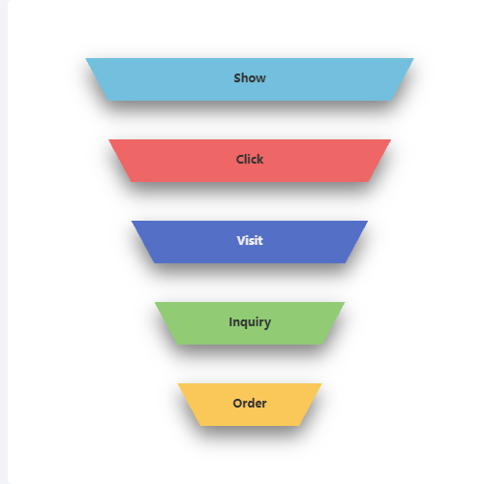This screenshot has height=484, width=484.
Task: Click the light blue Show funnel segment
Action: click(x=250, y=79)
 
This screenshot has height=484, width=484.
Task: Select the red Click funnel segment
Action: click(x=250, y=161)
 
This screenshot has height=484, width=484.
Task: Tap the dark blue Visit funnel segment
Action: click(x=250, y=242)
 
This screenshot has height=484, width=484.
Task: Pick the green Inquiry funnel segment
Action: click(x=250, y=323)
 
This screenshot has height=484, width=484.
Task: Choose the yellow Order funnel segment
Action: click(x=250, y=405)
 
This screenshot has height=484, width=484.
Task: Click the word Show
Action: click(x=250, y=78)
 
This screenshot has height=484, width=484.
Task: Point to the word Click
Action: click(x=250, y=160)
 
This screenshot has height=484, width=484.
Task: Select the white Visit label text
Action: click(x=250, y=241)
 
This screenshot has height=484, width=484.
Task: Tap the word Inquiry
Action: click(x=250, y=322)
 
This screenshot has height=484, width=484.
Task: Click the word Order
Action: click(x=250, y=404)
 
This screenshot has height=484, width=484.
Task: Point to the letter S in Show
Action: click(x=238, y=78)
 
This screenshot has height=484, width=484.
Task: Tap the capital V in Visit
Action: click(x=241, y=241)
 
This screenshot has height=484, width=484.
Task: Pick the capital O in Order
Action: click(x=238, y=404)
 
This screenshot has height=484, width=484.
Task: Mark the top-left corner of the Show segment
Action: click(x=85, y=58)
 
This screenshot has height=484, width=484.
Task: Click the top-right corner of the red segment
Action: click(x=391, y=139)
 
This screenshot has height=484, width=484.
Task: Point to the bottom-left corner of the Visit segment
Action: click(x=154, y=263)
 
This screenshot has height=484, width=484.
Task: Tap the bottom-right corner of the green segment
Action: click(x=322, y=345)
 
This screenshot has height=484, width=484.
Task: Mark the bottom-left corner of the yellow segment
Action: click(x=200, y=426)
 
